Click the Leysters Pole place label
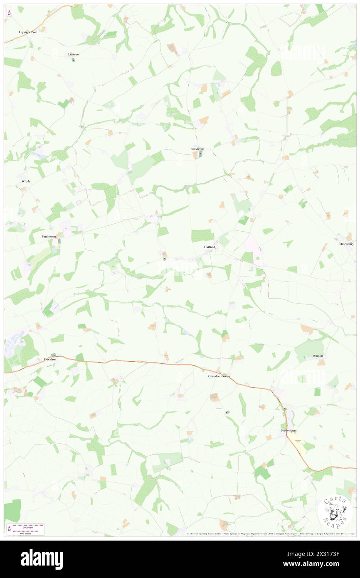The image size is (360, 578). [28, 32]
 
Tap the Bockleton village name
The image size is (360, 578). [197, 149]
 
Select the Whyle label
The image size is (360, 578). [26, 181]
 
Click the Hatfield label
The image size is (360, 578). [210, 247]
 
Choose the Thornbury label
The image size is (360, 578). [346, 244]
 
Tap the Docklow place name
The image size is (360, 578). [50, 359]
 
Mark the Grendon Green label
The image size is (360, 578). [219, 376]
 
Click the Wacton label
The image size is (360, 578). [318, 356]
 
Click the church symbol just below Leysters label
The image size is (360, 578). [73, 60]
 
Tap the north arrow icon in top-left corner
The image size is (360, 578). [9, 13]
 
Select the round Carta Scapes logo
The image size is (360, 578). [335, 511]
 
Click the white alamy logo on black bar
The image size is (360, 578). [42, 559]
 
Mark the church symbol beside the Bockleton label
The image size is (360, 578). [200, 154]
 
